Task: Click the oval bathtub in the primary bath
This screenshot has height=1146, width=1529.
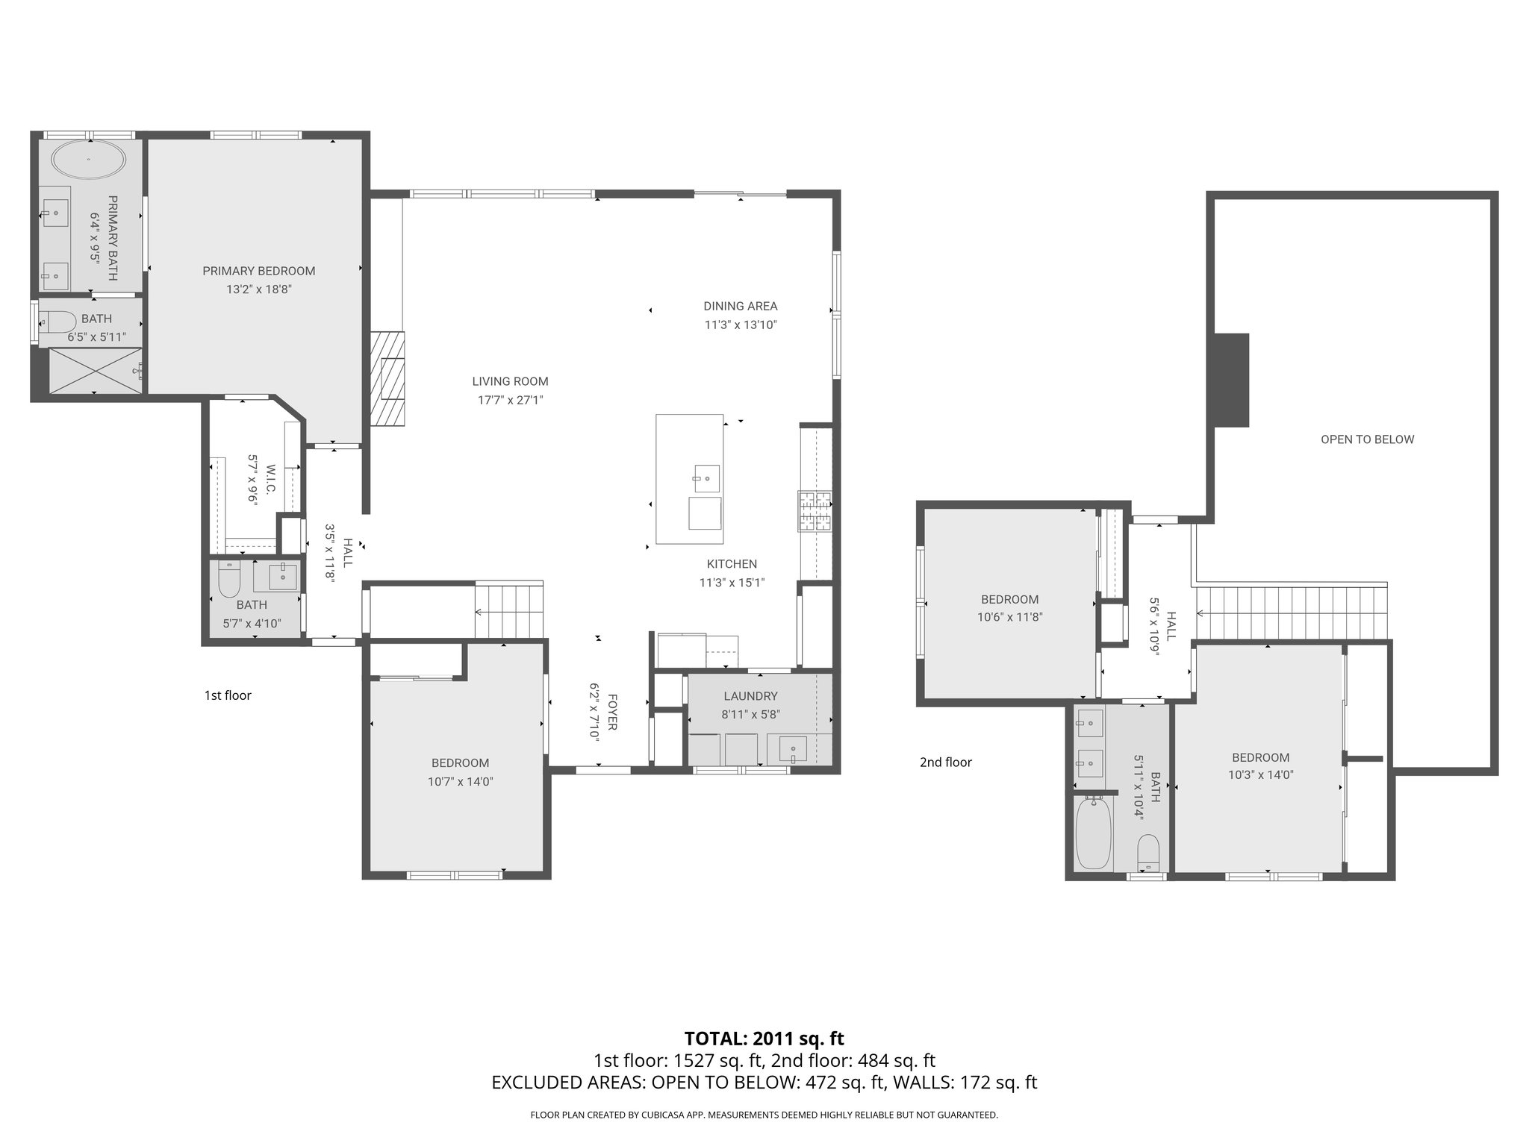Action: pyautogui.click(x=88, y=160)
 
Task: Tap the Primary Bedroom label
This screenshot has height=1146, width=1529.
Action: pyautogui.click(x=258, y=271)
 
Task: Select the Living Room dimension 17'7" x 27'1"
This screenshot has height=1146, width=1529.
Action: pyautogui.click(x=510, y=400)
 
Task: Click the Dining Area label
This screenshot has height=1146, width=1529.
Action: pyautogui.click(x=740, y=306)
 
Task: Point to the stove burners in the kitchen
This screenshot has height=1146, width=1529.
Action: pyautogui.click(x=815, y=511)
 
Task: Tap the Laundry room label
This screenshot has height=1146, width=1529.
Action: pyautogui.click(x=750, y=696)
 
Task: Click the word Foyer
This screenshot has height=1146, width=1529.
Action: pyautogui.click(x=612, y=712)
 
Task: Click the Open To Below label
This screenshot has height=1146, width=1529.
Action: pyautogui.click(x=1367, y=439)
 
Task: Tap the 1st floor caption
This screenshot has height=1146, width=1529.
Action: pyautogui.click(x=228, y=695)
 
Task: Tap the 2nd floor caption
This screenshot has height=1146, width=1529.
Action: pyautogui.click(x=945, y=762)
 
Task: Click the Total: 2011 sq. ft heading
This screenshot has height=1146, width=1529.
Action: pyautogui.click(x=764, y=1038)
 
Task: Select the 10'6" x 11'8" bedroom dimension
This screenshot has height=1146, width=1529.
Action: pyautogui.click(x=1009, y=617)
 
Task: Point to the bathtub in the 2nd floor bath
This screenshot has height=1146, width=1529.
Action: pyautogui.click(x=1094, y=833)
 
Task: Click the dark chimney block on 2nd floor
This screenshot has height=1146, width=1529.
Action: pyautogui.click(x=1231, y=380)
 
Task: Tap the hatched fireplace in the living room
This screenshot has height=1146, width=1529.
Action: pyautogui.click(x=387, y=378)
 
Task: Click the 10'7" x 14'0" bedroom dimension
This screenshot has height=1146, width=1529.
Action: pyautogui.click(x=460, y=782)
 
